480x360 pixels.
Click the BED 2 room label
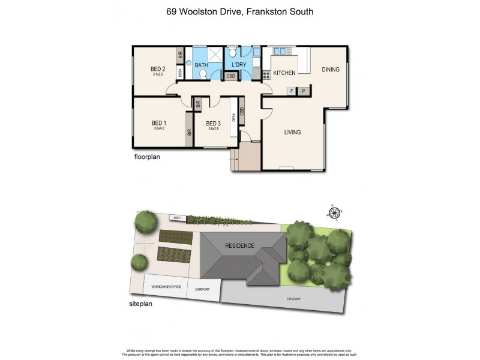point(158,69)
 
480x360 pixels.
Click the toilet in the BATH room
point(203,74)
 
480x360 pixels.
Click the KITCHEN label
point(284,73)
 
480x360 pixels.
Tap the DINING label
point(331,70)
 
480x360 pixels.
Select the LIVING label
point(292,132)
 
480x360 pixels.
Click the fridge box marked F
point(292,91)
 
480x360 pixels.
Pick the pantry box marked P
point(304,91)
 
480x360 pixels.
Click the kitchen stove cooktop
point(265,75)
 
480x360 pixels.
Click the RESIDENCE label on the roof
point(240,246)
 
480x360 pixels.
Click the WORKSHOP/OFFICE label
point(166,287)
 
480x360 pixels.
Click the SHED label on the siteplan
point(176,217)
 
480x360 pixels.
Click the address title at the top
point(240,11)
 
